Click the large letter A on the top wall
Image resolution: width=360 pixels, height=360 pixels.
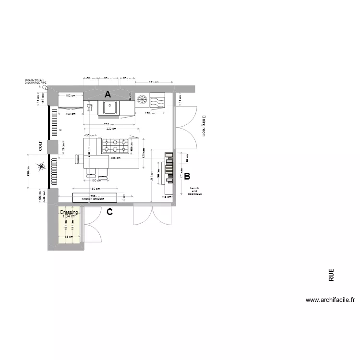point(108,94)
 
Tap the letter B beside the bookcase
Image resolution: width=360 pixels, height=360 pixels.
point(187,176)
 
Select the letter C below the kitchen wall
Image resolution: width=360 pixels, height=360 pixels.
point(109,212)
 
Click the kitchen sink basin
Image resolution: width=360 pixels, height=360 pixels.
point(109,108)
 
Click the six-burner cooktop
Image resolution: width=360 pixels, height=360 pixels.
point(116,143)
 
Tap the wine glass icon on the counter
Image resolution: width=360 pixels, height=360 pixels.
point(89,107)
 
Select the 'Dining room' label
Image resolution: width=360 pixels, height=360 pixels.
point(204,126)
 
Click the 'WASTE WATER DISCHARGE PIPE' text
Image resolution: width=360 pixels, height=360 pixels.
point(36,82)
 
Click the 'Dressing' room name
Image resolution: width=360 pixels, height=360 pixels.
point(69,212)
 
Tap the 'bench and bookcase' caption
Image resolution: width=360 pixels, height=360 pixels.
point(195,191)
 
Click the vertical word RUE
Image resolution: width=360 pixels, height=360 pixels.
point(331,275)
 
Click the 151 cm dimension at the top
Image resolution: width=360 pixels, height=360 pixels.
point(154,82)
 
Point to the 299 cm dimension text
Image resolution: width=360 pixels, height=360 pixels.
point(95,196)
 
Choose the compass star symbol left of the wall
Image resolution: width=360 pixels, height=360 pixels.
point(42,167)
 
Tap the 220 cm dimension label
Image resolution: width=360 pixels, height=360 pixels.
point(111,129)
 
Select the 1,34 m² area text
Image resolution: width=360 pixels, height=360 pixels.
point(69,216)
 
